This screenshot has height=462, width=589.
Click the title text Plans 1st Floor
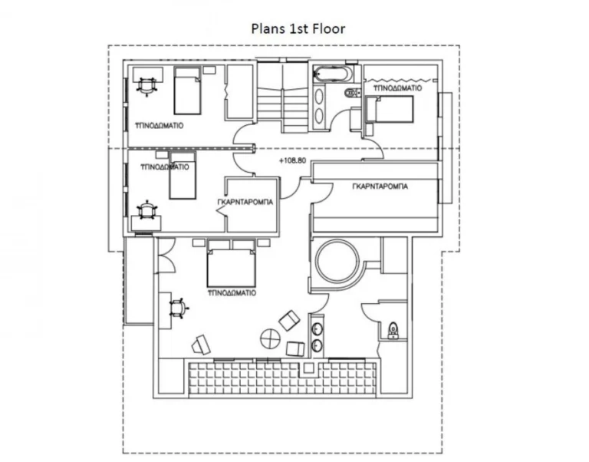coord(298,29)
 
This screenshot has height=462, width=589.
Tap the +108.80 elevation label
coord(294,162)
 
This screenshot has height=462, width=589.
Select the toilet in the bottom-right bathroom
coord(393,329)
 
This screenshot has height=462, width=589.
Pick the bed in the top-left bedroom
coord(186,90)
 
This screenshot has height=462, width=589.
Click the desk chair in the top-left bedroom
coord(145,84)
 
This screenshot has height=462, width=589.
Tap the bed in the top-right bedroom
coord(392,111)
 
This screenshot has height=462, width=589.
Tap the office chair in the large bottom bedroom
coord(177,306)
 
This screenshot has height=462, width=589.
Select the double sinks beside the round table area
coord(317,338)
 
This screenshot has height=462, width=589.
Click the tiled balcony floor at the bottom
coord(284,376)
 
